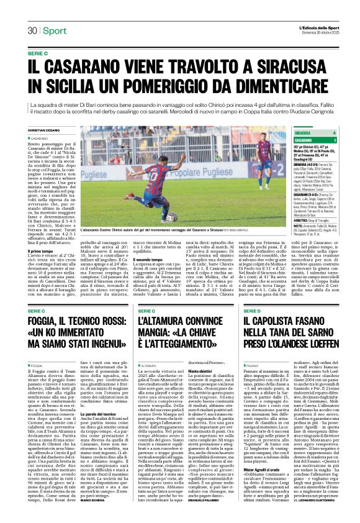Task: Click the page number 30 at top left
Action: point(32,31)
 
